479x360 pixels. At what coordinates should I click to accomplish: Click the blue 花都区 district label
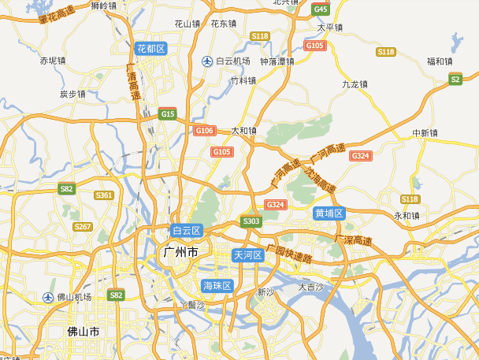[150, 49]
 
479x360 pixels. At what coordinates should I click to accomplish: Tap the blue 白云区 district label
[187, 231]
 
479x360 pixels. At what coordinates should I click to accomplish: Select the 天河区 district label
[247, 255]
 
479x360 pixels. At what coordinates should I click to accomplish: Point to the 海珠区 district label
[217, 285]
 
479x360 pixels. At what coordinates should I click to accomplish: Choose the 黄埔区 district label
[329, 213]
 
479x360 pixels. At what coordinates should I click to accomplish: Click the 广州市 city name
[180, 253]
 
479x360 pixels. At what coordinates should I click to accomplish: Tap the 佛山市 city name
[84, 332]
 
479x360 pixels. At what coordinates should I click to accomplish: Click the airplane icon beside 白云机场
[207, 61]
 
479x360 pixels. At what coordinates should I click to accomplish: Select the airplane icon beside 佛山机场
[48, 297]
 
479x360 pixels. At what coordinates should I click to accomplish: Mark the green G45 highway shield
[321, 9]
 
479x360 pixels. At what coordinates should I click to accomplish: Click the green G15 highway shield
[167, 114]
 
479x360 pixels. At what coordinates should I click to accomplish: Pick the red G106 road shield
[204, 130]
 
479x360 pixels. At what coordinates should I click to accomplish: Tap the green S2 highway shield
[455, 79]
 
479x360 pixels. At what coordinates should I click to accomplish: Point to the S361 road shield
[104, 195]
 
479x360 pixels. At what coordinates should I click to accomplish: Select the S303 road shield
[251, 221]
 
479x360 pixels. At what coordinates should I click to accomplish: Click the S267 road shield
[83, 226]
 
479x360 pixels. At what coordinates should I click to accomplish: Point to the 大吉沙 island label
[310, 287]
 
